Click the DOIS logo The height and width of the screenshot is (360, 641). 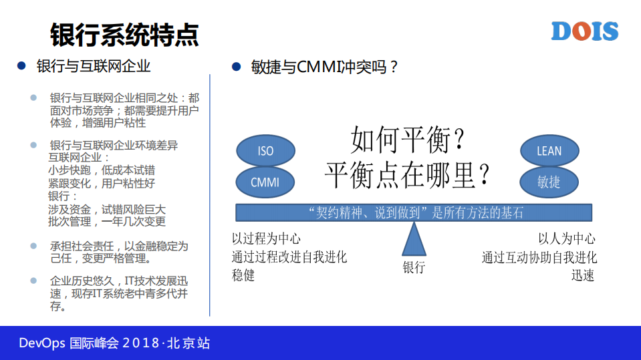(585, 31)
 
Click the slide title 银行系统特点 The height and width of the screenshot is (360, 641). (124, 34)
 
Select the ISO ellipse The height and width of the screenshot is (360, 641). (265, 151)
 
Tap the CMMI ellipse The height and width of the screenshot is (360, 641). (265, 182)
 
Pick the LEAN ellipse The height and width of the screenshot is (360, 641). (549, 151)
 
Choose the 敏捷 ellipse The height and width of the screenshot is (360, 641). (549, 182)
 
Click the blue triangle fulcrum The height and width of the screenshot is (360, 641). (414, 239)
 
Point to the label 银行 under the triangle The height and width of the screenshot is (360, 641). (414, 268)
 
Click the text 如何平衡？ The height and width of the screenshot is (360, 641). (408, 141)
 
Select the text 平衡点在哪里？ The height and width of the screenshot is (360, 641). (408, 174)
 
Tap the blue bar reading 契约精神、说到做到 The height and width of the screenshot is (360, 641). (413, 212)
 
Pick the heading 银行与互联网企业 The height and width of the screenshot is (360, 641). (93, 66)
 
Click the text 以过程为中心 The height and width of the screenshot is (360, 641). (266, 239)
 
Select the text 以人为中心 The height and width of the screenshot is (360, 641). (567, 239)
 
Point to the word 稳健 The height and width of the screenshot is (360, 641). (243, 275)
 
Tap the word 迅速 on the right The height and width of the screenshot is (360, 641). (583, 275)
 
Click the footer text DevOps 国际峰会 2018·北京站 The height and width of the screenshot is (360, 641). (114, 343)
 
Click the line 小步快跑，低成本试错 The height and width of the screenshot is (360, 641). (102, 170)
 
